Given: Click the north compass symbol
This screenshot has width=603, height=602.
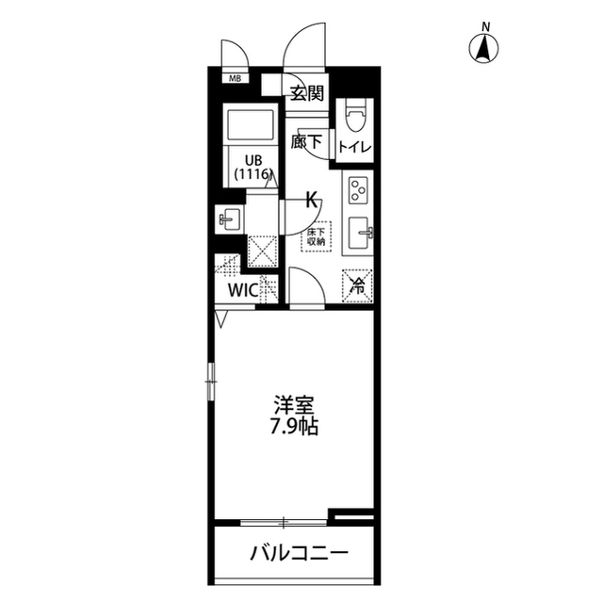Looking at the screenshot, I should pyautogui.click(x=485, y=46).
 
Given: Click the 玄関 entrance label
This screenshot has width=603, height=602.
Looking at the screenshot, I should pyautogui.click(x=306, y=92).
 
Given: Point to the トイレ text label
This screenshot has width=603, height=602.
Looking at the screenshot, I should pyautogui.click(x=355, y=147).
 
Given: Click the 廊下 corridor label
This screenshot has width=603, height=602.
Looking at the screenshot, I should pyautogui.click(x=306, y=143).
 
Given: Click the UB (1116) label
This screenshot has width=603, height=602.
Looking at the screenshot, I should pyautogui.click(x=252, y=166).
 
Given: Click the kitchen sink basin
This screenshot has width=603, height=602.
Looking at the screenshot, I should pyautogui.click(x=360, y=232).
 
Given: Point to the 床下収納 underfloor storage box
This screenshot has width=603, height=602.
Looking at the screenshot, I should pyautogui.click(x=315, y=236).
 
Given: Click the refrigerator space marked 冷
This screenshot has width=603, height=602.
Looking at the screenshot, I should pyautogui.click(x=358, y=283).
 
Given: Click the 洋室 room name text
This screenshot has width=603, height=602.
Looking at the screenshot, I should pyautogui.click(x=294, y=406).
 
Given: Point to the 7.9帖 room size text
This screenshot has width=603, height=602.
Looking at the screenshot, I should pyautogui.click(x=294, y=427).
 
